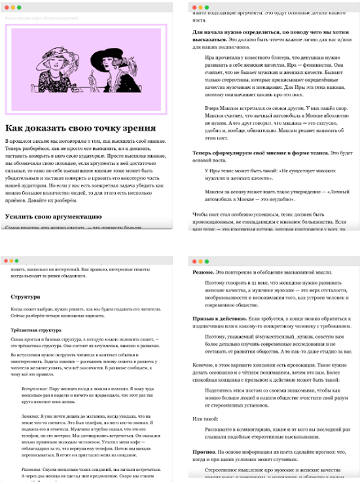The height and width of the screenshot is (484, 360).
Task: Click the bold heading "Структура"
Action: [x=25, y=296]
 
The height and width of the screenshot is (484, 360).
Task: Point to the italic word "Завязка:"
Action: [x=29, y=419]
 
